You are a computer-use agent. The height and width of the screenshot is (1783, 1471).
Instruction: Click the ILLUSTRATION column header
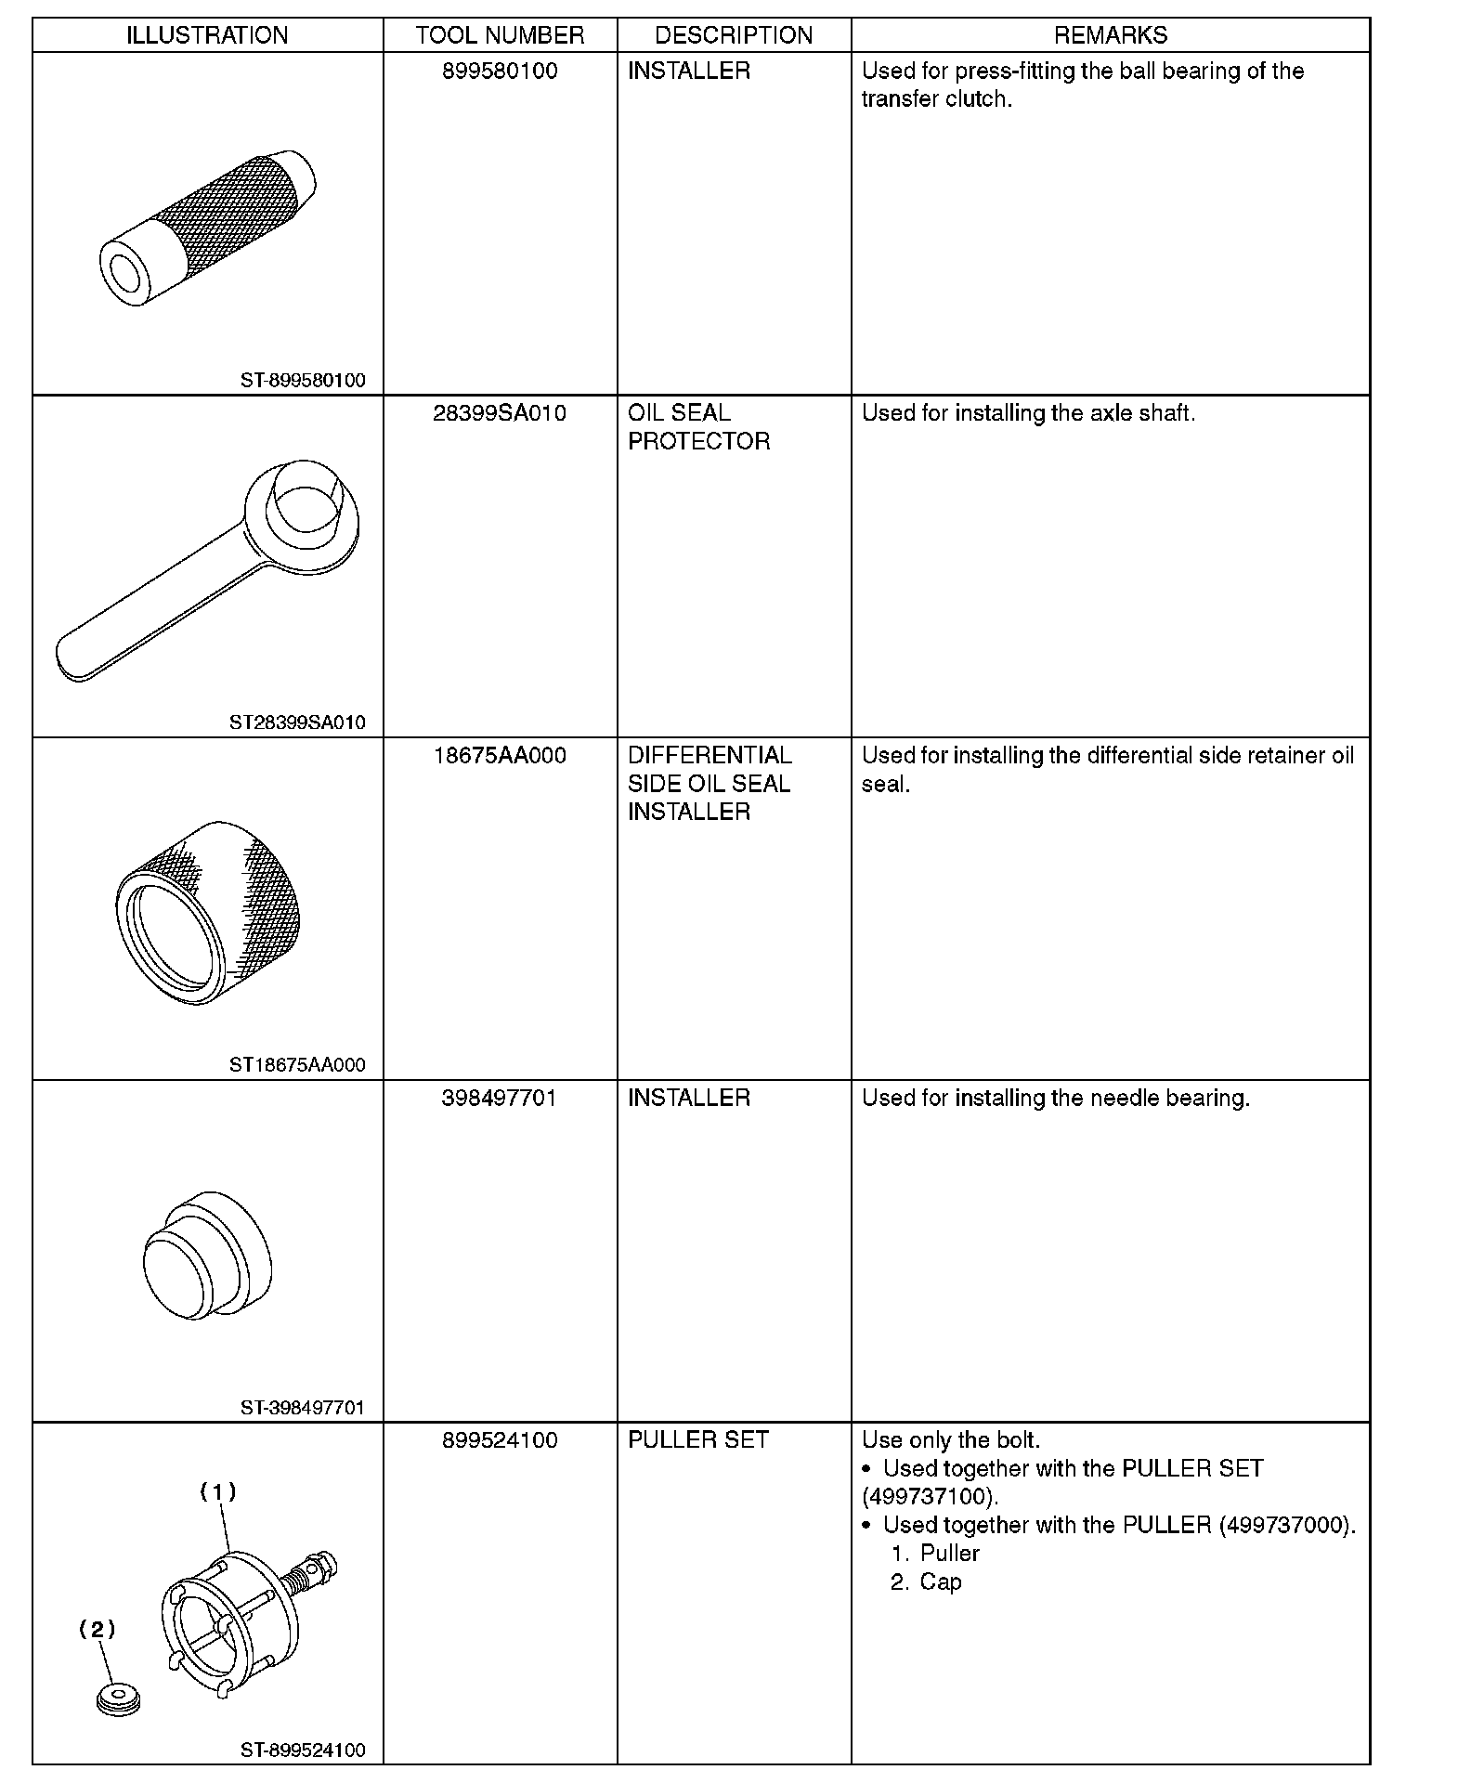207,35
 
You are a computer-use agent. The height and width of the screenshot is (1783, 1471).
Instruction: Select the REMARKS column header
1110,35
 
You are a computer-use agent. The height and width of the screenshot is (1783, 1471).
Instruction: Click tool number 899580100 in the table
500,72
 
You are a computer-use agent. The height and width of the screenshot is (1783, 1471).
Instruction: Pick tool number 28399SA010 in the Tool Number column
500,413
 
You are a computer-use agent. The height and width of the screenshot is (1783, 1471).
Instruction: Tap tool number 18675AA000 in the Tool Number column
500,756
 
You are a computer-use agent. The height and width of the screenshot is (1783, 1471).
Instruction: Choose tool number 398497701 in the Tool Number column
500,1099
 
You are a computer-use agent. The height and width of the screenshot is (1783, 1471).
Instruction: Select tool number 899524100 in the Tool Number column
500,1440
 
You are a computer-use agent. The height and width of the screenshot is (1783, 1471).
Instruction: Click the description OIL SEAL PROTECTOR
698,427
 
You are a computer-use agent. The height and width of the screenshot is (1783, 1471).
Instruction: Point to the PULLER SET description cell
698,1440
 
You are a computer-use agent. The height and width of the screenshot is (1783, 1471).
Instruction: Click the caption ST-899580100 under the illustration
303,381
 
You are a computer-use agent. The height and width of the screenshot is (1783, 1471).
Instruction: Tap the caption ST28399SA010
297,722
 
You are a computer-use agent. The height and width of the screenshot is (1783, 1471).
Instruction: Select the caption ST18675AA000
297,1065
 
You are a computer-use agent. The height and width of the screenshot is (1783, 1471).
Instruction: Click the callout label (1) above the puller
219,1492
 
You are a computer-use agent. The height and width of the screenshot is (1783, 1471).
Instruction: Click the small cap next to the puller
118,1700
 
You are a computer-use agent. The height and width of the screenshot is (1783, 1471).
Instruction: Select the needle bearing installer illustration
208,1256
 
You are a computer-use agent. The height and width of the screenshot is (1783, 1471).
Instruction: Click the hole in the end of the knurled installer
123,272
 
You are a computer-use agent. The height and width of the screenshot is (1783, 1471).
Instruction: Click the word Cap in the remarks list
941,1582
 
